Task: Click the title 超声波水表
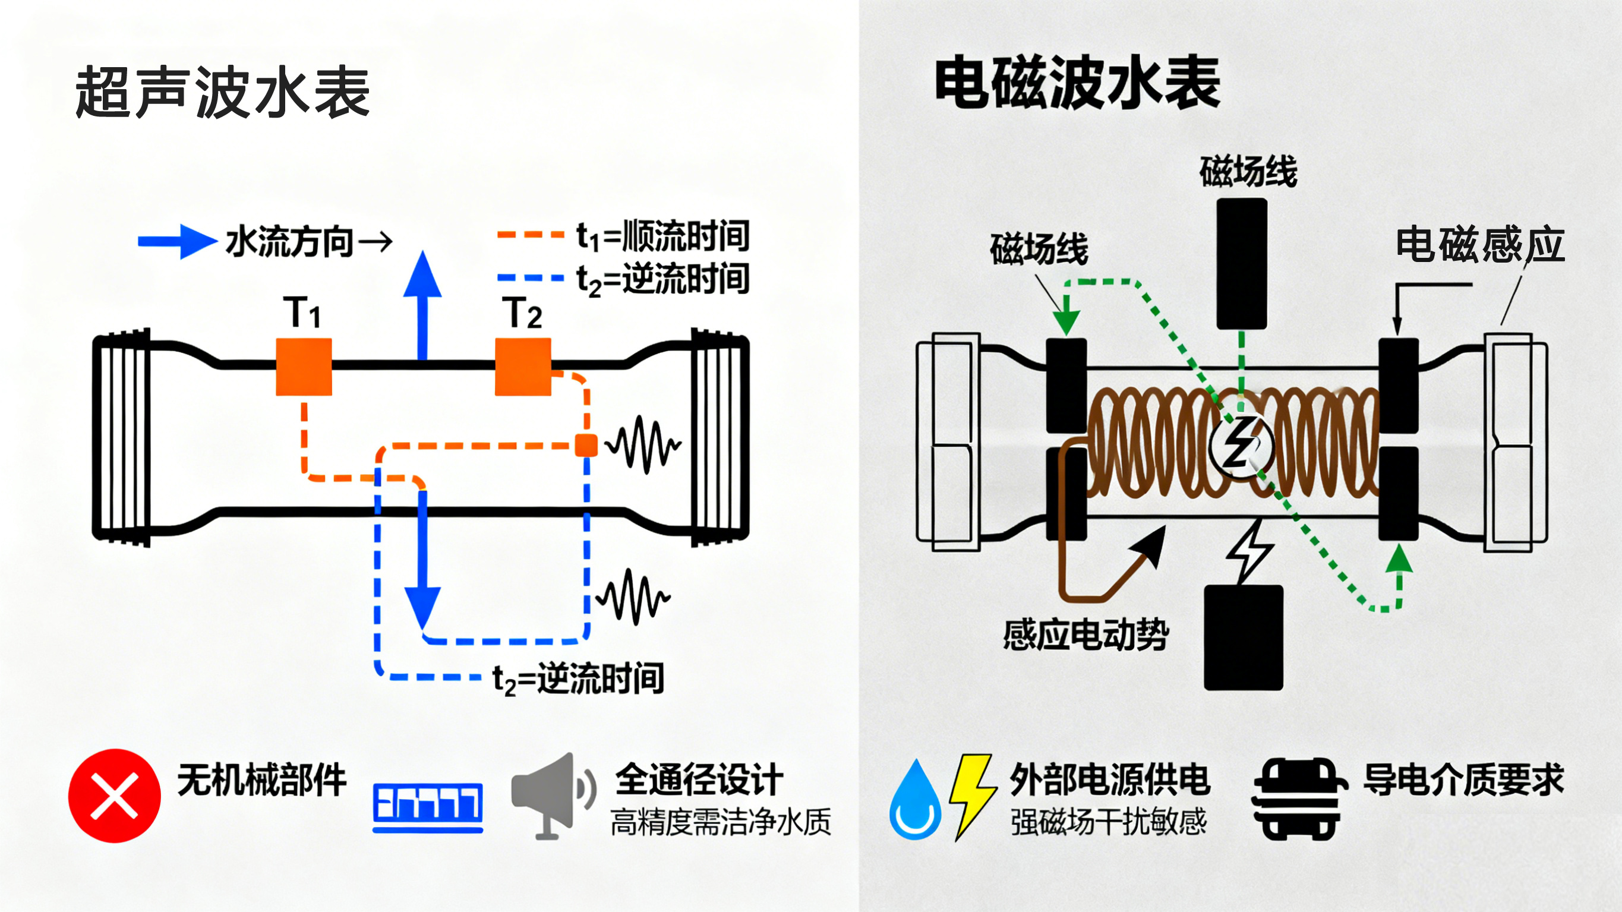click(222, 93)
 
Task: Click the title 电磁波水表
click(1077, 83)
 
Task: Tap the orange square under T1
click(304, 367)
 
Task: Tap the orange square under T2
click(523, 367)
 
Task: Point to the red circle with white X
click(115, 796)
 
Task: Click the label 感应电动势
click(1086, 635)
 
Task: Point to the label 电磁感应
click(1479, 244)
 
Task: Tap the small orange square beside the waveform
click(586, 445)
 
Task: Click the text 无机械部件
click(262, 780)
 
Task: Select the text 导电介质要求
click(1463, 780)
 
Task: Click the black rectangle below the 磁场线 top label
click(1242, 263)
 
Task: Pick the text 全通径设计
click(699, 780)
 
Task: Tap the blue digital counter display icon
click(428, 807)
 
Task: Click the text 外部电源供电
click(1109, 780)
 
